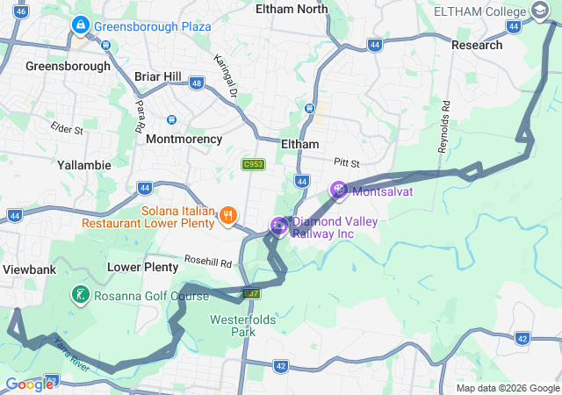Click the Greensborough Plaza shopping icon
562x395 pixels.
tap(81, 26)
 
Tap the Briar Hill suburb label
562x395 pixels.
tap(157, 76)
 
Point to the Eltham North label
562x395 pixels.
tap(291, 9)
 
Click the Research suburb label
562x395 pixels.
tap(477, 45)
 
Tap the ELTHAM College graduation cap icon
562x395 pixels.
tap(539, 11)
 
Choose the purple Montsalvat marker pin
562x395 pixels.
tap(339, 190)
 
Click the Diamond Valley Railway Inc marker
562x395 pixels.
tap(279, 226)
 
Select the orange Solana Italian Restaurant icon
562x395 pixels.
tap(228, 214)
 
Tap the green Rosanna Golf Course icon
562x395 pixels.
tap(80, 295)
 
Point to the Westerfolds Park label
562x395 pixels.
tap(232, 326)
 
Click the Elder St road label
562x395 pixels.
tap(67, 129)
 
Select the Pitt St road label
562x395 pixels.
tap(347, 163)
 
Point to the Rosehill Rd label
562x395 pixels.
tap(207, 262)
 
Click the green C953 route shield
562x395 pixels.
tap(253, 164)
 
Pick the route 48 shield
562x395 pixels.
tap(196, 83)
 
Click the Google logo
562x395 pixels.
tap(29, 384)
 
